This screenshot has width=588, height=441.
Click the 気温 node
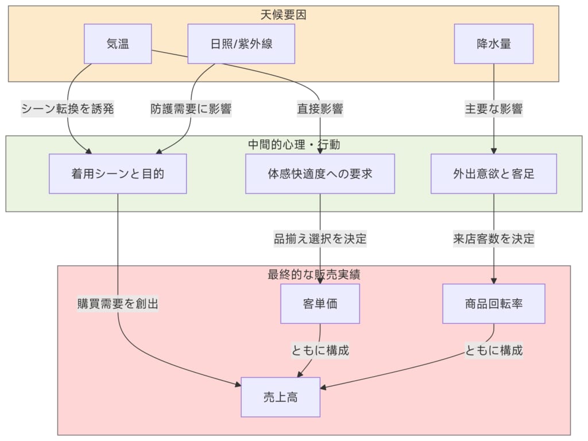point(118,44)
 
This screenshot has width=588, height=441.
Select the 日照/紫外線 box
point(241,44)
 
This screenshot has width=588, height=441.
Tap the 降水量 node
point(494,44)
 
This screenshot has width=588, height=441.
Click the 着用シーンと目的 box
point(118,173)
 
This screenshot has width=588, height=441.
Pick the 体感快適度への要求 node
point(320,173)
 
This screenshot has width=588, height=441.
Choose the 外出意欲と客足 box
point(494,173)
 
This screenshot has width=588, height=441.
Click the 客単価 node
point(320,304)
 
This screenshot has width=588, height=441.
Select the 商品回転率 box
point(494,304)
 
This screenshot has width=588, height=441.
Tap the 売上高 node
point(280,397)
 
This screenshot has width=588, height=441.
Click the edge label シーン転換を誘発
point(68,109)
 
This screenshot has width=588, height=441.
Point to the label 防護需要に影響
point(191,109)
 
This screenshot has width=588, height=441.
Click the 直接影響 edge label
point(320,109)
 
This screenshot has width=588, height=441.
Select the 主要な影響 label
point(494,109)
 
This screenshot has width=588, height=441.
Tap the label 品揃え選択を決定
point(320,239)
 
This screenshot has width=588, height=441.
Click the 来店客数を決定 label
point(494,239)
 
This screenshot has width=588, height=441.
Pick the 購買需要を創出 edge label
point(118,304)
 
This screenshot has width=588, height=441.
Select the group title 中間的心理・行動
point(294,145)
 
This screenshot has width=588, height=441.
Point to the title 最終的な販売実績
point(314,274)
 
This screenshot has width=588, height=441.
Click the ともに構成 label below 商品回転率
point(494,350)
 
